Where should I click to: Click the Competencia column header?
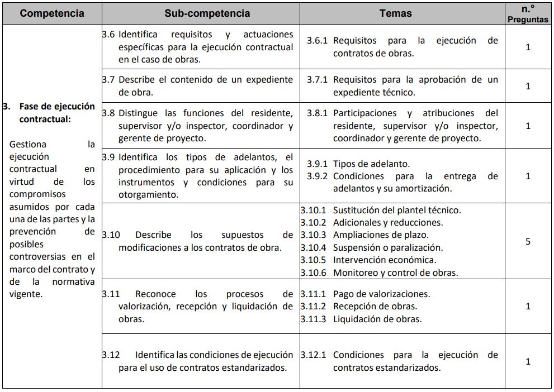52,13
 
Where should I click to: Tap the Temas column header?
395,13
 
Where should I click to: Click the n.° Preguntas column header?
528,13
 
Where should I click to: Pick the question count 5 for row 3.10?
528,242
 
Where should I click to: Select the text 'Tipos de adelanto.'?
371,164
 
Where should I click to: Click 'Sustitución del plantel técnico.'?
397,211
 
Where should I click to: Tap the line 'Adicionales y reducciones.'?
387,223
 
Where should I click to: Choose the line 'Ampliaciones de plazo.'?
381,235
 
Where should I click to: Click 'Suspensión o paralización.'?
387,247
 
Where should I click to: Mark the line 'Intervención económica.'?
385,260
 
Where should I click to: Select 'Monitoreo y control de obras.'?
395,273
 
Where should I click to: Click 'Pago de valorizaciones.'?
381,294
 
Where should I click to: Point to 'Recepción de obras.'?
375,307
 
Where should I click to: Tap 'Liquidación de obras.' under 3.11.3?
377,319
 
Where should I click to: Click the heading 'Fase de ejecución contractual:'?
56,113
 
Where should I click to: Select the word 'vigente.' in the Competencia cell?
26,294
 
